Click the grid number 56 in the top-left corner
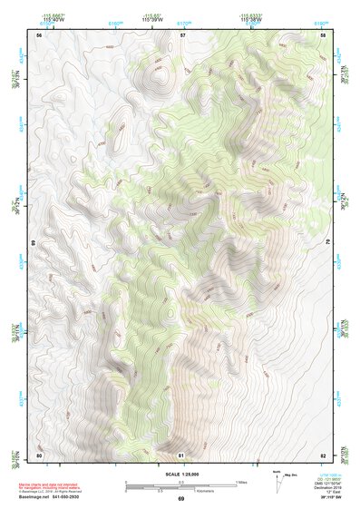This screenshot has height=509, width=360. point(39,34)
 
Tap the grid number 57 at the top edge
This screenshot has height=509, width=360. point(182,34)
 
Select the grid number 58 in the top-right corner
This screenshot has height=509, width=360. point(324,34)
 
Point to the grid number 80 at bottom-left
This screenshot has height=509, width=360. point(39,454)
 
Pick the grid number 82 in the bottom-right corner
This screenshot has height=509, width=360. point(324,454)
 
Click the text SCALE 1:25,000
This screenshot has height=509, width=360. point(180,475)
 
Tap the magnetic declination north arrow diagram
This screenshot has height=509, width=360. point(279,481)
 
